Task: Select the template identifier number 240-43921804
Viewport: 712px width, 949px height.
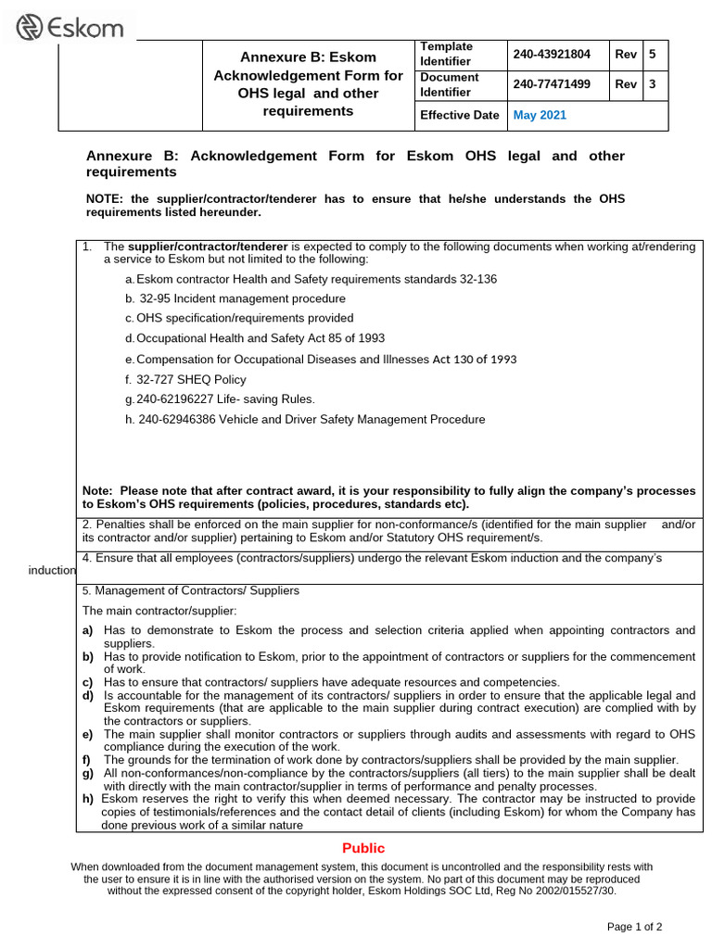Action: coord(552,54)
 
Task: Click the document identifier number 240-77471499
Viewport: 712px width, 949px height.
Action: coord(552,84)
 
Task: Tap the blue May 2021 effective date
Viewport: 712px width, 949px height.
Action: coord(540,116)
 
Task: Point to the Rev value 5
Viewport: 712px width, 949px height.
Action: coord(653,54)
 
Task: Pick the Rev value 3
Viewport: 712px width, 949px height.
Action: coord(653,84)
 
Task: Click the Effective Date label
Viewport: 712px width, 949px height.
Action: coord(459,116)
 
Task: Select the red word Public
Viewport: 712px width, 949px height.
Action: coord(362,848)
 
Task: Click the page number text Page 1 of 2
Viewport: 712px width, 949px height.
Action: coord(634,926)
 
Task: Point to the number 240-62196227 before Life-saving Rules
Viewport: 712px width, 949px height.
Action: coord(177,399)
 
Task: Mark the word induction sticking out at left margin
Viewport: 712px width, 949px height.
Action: coord(51,570)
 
